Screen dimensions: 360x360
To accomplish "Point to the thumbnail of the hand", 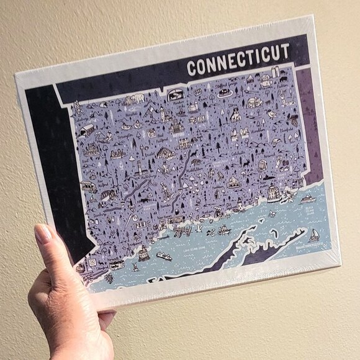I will (x=43, y=235).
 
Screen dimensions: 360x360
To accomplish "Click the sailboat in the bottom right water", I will (x=315, y=234).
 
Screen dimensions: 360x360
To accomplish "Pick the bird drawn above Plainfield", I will (x=271, y=115).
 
